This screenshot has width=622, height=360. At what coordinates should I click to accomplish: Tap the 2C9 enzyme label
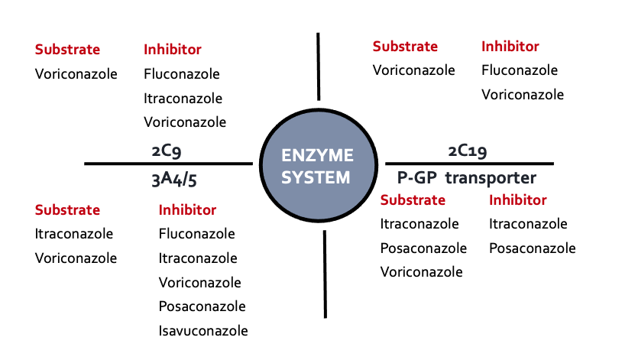tap(166, 151)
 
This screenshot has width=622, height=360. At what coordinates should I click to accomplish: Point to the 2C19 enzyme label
tap(468, 151)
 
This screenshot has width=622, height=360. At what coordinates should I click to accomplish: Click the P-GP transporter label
tap(466, 178)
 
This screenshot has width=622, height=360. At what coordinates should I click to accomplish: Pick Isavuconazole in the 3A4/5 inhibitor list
tap(203, 331)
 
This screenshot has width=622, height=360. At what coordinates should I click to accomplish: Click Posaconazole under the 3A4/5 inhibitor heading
tap(202, 306)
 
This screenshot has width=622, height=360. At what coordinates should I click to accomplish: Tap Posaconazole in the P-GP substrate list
tap(423, 248)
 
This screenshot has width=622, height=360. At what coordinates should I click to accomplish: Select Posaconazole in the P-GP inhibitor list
tap(532, 248)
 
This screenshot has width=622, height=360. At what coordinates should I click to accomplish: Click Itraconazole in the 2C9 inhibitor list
tap(183, 98)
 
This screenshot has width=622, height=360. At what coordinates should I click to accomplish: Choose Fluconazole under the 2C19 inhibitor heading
tap(520, 70)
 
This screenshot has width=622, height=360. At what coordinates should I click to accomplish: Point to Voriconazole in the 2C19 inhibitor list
tap(523, 95)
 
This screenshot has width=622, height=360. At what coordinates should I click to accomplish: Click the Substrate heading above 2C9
tap(67, 50)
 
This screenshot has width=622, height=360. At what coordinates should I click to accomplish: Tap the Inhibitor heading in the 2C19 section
tap(510, 46)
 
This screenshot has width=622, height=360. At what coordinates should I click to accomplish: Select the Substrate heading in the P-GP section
tap(413, 200)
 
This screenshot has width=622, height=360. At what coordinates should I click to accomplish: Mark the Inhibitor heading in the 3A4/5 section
tap(187, 209)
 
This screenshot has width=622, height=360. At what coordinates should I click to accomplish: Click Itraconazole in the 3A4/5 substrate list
tap(74, 233)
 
